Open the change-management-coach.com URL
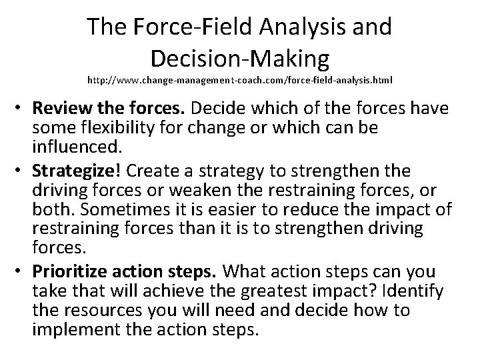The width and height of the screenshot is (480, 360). pos(240,80)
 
